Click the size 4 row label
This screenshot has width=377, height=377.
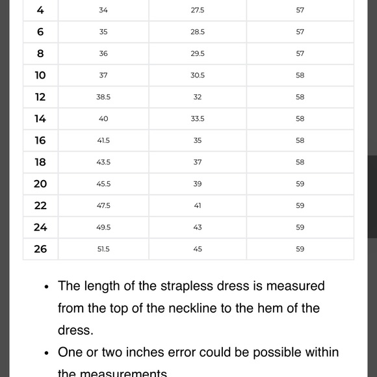(40, 10)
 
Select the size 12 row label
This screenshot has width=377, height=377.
(40, 97)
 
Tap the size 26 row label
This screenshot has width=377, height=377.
(40, 249)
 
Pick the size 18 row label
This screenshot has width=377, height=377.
(40, 162)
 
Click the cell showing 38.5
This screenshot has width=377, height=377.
(103, 97)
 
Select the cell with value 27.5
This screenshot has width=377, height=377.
(198, 10)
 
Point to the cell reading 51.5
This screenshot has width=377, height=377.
(103, 249)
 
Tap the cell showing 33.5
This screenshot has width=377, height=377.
(198, 119)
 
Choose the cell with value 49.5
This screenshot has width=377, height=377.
(103, 227)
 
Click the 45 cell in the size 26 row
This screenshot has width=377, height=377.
(198, 249)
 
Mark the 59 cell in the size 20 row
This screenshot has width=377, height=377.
(300, 184)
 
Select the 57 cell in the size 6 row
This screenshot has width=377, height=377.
(300, 32)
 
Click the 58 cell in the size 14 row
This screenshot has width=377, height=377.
(300, 119)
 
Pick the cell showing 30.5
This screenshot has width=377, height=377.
(198, 75)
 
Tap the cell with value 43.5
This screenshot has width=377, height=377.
(103, 162)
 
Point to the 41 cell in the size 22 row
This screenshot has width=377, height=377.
(198, 205)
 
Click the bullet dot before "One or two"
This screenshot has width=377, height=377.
(47, 353)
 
